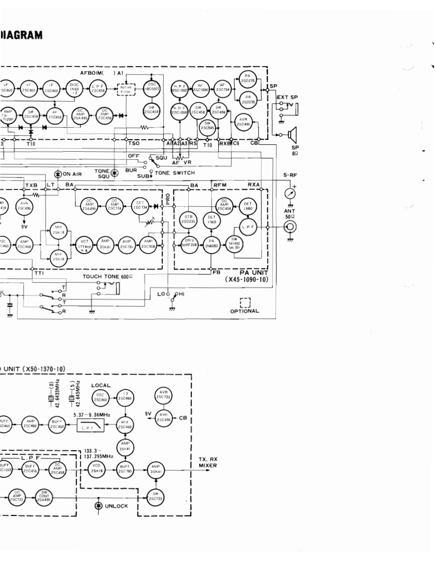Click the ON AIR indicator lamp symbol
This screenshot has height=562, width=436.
(x=58, y=174)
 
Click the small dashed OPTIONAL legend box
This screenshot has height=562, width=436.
(x=245, y=303)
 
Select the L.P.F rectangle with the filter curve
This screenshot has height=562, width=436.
(x=91, y=426)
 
